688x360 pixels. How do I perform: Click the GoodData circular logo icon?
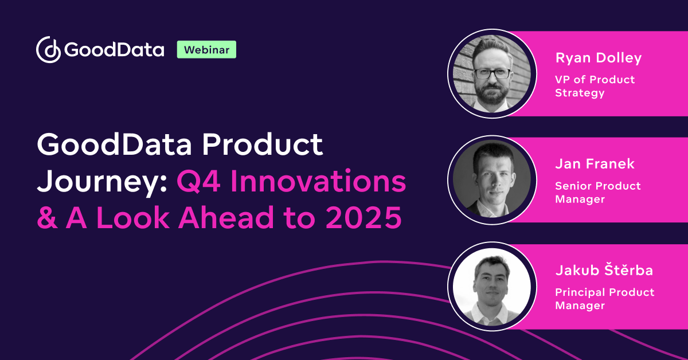click(48, 50)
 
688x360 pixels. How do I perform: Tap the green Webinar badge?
click(206, 50)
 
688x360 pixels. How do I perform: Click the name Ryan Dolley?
click(598, 58)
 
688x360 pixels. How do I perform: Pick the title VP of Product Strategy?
click(595, 86)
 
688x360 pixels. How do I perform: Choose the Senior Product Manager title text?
click(597, 192)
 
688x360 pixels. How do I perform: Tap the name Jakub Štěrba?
click(604, 271)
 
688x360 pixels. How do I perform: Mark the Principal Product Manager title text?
click(604, 299)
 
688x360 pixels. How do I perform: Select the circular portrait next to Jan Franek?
click(492, 178)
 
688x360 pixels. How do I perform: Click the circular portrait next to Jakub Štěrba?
click(492, 285)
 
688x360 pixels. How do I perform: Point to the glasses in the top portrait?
click(492, 73)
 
